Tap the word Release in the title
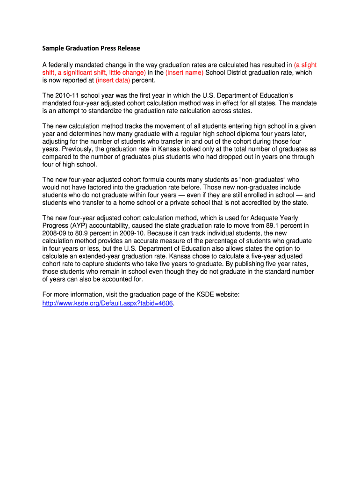coord(128,48)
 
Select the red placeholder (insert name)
coord(185,73)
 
